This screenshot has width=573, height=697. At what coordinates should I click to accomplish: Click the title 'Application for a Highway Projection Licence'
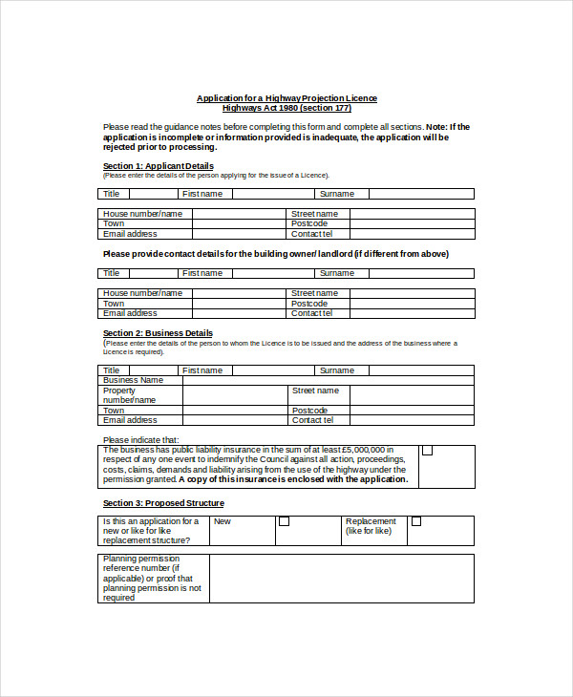(x=286, y=98)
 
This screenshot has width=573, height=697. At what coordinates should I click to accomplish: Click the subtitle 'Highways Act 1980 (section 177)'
(x=286, y=108)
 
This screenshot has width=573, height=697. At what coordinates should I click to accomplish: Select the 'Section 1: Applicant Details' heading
(x=158, y=166)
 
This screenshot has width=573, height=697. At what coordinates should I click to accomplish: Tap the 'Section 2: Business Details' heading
(x=158, y=333)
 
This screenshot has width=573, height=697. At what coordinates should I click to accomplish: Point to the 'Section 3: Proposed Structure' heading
(x=163, y=503)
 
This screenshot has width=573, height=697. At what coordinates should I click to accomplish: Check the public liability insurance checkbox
(x=427, y=451)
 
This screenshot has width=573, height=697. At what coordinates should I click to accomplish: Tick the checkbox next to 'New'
(x=284, y=522)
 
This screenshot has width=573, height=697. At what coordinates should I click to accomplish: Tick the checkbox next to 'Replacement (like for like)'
(x=415, y=522)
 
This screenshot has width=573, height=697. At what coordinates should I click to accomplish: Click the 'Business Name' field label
(x=133, y=380)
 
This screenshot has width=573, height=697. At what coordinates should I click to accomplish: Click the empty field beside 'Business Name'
(x=328, y=380)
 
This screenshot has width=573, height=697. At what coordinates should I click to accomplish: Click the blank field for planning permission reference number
(x=341, y=579)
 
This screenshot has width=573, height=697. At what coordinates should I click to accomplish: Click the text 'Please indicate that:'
(x=140, y=440)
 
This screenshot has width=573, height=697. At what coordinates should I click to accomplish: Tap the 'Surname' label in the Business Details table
(x=336, y=370)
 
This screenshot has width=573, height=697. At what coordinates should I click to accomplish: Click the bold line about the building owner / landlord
(x=275, y=254)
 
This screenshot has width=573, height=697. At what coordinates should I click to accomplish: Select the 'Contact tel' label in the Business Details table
(x=312, y=420)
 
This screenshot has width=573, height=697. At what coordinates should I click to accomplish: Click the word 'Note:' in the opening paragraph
(x=436, y=127)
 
